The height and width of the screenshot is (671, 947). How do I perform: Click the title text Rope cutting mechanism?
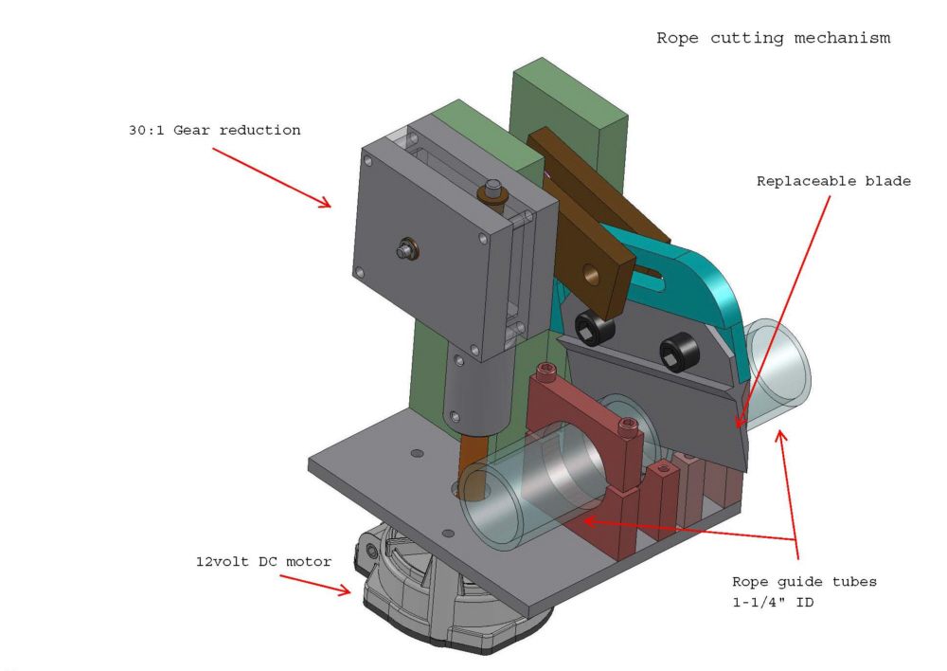click(774, 39)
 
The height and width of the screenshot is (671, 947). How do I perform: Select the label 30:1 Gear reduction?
click(215, 130)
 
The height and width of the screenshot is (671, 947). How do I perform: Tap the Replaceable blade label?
click(833, 180)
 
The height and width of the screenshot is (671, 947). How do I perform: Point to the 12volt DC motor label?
click(263, 562)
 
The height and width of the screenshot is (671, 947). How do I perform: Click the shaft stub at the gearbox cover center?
click(404, 251)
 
